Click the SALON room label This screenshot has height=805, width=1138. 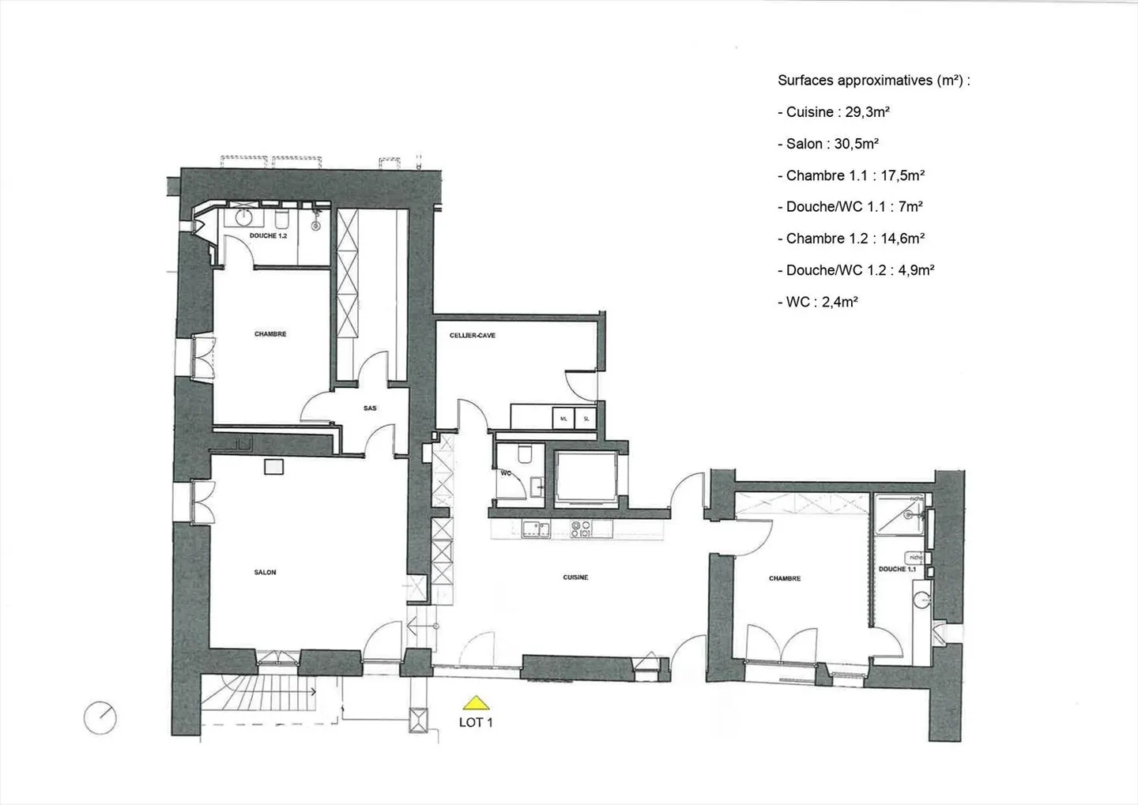point(265,572)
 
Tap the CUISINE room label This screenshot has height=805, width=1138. point(575,577)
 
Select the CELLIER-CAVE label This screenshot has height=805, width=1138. point(473,336)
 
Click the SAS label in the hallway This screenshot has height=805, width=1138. point(370,408)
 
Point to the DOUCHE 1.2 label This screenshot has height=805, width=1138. point(268,236)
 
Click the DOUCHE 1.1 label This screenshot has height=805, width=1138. point(897,569)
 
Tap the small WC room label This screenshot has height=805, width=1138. point(506,474)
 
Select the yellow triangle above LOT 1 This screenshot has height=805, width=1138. point(475,702)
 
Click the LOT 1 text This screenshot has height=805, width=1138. point(476,722)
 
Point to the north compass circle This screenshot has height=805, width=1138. point(100,718)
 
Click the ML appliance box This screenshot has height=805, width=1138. point(563,419)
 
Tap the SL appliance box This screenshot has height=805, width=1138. point(586,419)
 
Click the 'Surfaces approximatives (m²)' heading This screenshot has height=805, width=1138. point(873,80)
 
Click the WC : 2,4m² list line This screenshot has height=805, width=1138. point(821,302)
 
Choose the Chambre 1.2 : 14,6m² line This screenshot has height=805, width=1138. point(854,239)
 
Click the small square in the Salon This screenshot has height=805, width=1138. point(273,467)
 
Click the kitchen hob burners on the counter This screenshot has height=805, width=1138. point(581,529)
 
